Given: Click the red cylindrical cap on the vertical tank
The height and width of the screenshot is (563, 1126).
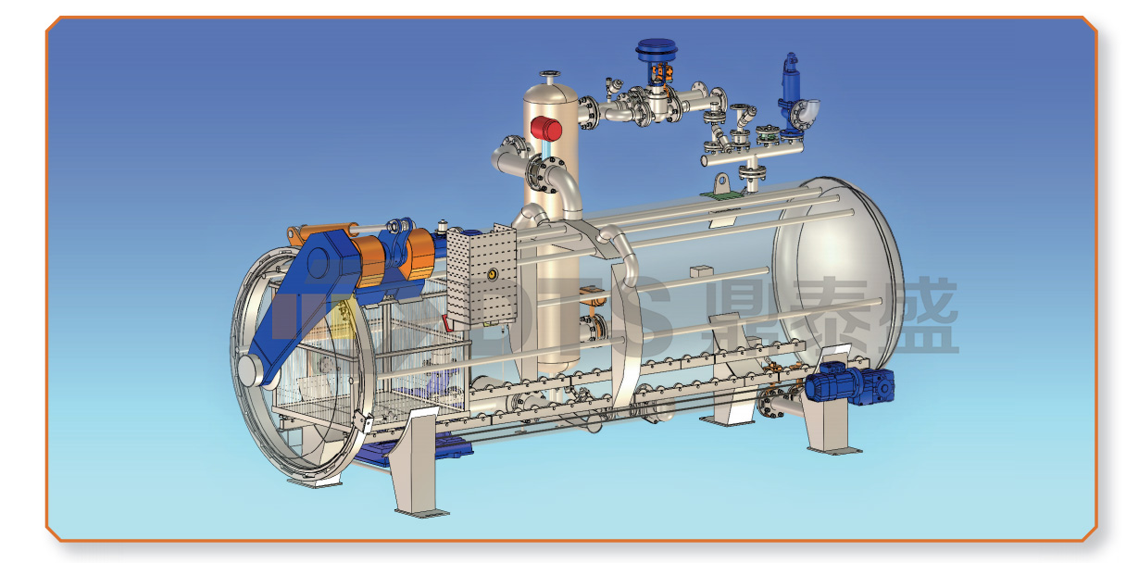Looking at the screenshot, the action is click(x=546, y=129).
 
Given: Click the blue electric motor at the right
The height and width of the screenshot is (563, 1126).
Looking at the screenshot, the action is click(x=849, y=385).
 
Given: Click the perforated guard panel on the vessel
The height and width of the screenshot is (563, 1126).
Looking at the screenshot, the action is click(x=482, y=277).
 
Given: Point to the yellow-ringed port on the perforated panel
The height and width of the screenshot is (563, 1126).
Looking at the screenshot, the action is click(x=492, y=274).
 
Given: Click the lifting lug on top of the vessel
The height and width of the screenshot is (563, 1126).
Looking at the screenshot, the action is click(x=722, y=183).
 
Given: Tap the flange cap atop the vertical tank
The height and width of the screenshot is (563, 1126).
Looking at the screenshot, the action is click(x=550, y=75).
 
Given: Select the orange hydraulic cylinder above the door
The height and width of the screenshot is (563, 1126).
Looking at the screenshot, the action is click(x=321, y=232).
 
